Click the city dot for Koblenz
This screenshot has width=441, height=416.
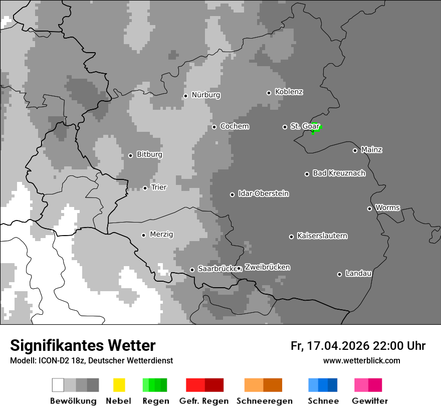click(269, 93)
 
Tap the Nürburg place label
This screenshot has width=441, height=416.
click(205, 95)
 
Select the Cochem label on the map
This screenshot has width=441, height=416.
click(235, 126)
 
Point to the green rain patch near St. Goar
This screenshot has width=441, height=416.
click(314, 128)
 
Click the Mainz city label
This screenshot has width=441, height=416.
click(371, 150)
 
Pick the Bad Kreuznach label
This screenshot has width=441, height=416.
click(339, 173)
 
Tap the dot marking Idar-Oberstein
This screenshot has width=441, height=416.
click(232, 194)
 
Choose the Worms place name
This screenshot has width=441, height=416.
click(387, 207)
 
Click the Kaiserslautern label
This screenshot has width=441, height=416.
click(322, 236)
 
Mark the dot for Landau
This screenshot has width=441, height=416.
click(339, 274)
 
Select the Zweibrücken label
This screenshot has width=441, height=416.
click(267, 268)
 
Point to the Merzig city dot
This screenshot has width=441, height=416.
click(143, 235)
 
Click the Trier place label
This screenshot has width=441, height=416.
click(159, 187)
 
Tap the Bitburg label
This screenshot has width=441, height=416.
click(149, 155)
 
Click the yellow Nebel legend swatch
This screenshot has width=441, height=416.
click(119, 385)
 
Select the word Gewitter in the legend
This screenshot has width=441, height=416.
click(370, 401)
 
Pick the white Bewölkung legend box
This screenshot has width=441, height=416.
click(58, 385)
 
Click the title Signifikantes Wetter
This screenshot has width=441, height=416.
click(83, 345)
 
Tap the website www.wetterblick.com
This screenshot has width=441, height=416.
click(361, 360)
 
